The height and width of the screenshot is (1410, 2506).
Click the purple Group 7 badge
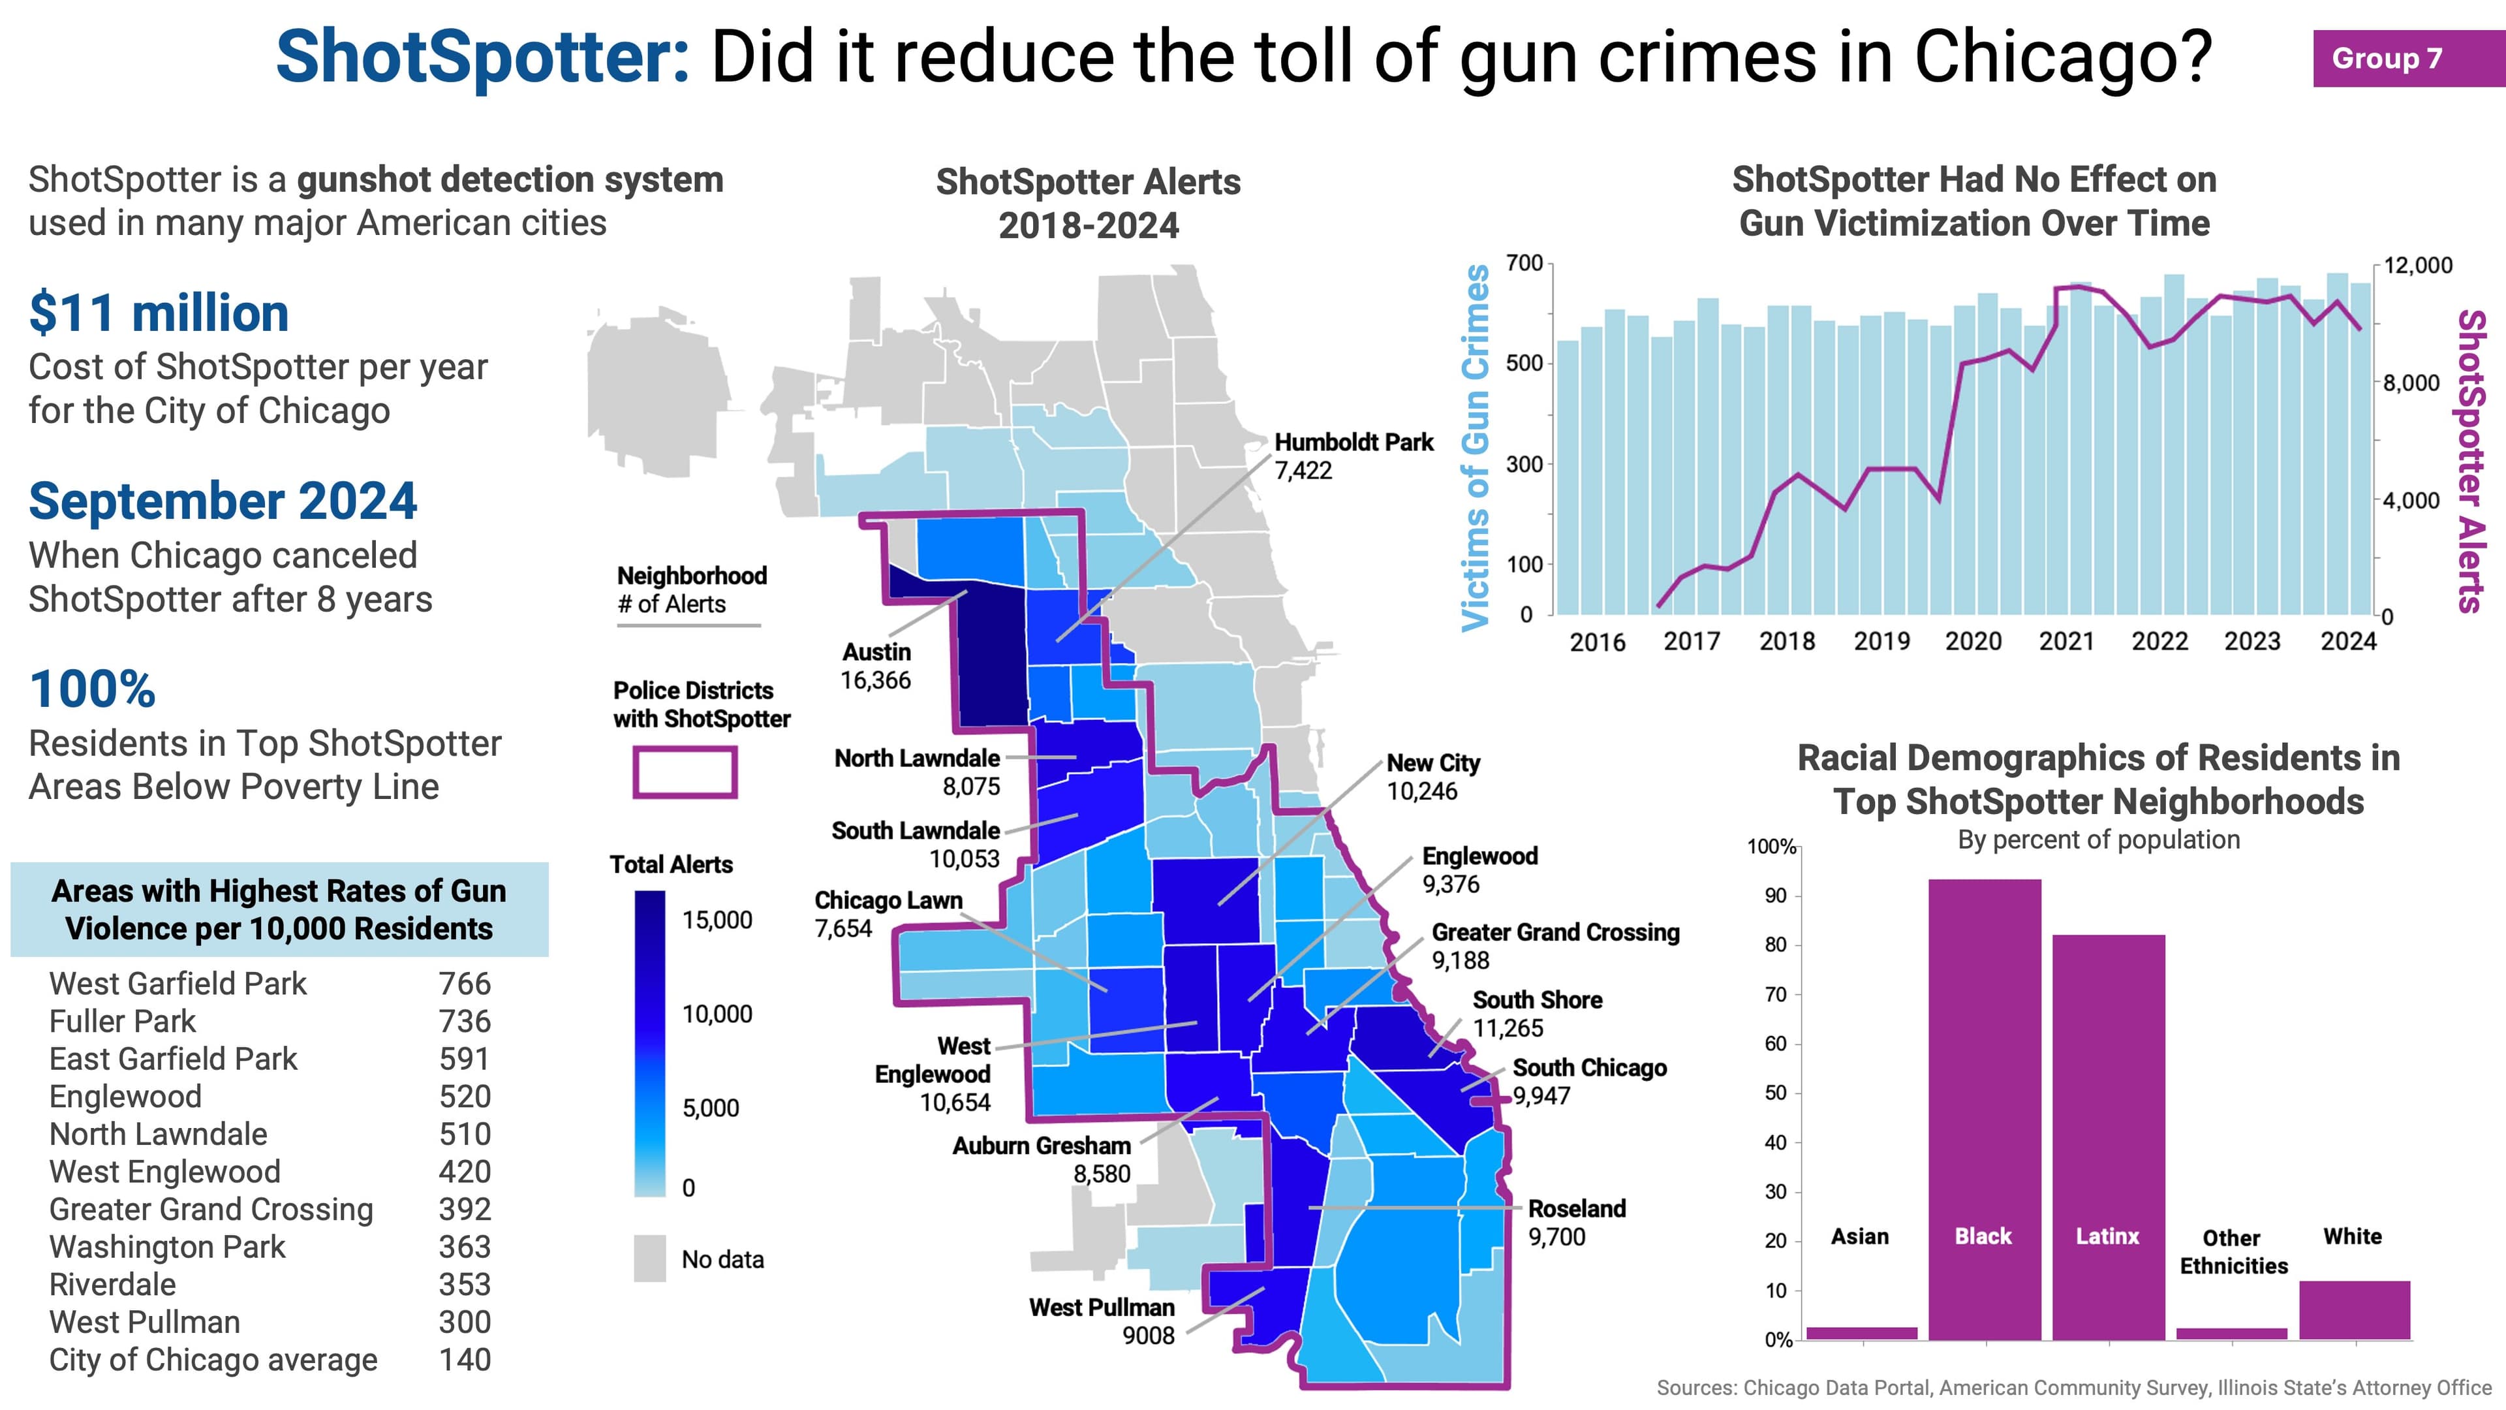point(2398,58)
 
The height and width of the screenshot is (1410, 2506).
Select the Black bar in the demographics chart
point(1984,1109)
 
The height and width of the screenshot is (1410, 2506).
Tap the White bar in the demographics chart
point(2354,1309)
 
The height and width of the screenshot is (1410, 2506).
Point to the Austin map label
point(876,653)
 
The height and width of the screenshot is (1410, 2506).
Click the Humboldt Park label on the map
point(1354,443)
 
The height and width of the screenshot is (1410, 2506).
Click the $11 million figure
point(159,313)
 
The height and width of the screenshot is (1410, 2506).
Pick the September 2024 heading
point(223,501)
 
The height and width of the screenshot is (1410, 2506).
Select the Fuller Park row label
point(123,1022)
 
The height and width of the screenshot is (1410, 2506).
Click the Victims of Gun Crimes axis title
point(1476,448)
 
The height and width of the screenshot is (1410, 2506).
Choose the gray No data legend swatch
point(650,1258)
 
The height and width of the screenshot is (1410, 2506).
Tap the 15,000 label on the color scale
point(717,920)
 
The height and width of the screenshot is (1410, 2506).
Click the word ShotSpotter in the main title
point(482,56)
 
